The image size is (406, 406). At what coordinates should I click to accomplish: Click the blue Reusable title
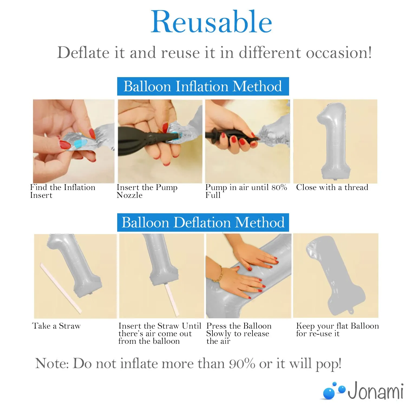[211, 22]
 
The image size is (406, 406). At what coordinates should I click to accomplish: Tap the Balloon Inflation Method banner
[203, 86]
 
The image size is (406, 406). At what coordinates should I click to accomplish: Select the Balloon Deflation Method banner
[203, 222]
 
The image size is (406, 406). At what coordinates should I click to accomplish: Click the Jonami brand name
[376, 390]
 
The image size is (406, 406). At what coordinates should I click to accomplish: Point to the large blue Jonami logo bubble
[329, 393]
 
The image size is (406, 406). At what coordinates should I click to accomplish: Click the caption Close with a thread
[332, 187]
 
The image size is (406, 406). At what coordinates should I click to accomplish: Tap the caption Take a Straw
[56, 326]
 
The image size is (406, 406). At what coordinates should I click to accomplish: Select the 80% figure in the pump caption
[279, 187]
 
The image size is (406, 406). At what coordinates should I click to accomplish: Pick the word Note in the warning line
[52, 364]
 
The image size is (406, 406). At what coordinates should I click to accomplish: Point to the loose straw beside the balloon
[61, 288]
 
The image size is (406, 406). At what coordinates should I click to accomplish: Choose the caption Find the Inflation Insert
[63, 191]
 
